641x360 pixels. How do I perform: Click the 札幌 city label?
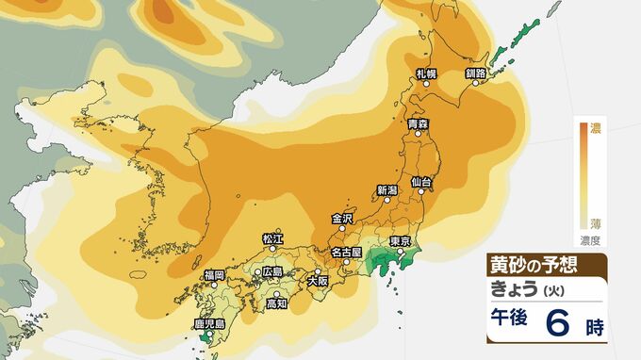pos(427,73)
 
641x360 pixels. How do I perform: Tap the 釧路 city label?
pos(475,73)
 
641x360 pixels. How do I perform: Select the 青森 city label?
pos(419,123)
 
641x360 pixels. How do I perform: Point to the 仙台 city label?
pos(421,180)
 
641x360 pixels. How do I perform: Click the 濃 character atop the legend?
pos(596,127)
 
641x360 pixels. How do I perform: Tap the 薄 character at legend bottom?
pos(596,222)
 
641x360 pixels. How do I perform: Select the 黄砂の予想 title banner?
pos(531,263)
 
